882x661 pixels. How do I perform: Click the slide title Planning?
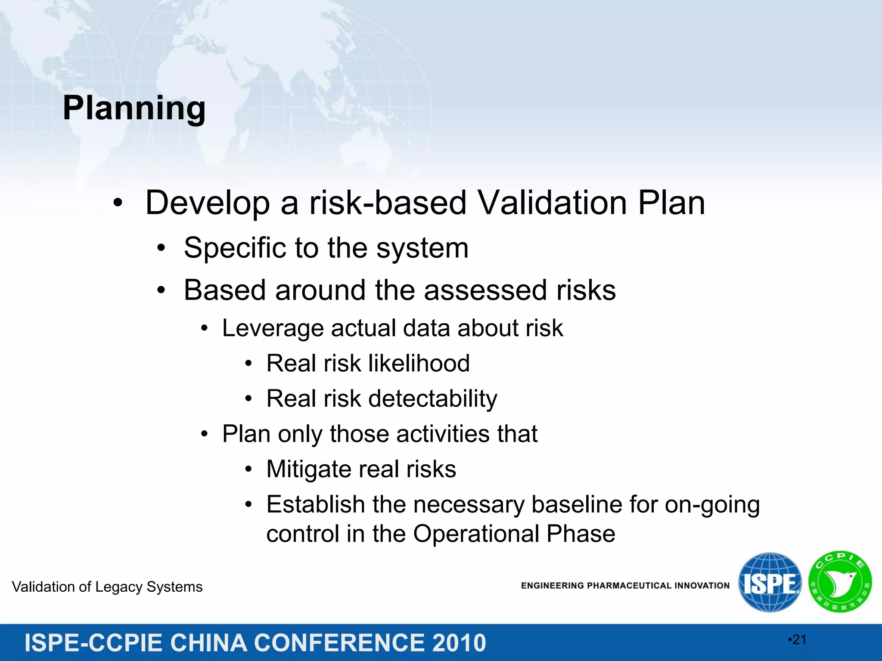tap(134, 108)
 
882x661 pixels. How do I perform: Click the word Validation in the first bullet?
tap(552, 203)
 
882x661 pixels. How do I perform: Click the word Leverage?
tap(272, 329)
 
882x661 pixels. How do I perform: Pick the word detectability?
tap(433, 399)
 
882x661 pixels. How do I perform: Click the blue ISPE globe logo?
tap(770, 582)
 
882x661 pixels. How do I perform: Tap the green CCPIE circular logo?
tap(840, 582)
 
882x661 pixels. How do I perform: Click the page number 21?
tap(798, 640)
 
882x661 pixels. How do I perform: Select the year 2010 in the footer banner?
tap(459, 643)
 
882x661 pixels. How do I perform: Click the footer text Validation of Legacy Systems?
tap(107, 587)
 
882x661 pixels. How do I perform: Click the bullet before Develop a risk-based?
tap(118, 203)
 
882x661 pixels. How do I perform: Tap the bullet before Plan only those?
tap(205, 434)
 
